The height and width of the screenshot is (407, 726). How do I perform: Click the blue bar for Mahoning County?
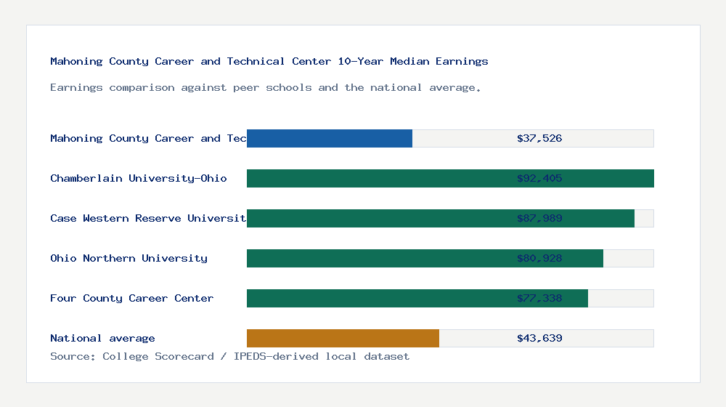[330, 138]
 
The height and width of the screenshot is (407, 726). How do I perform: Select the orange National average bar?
[343, 338]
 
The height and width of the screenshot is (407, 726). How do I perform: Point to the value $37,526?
[539, 138]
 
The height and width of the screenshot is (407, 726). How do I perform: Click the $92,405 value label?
[539, 178]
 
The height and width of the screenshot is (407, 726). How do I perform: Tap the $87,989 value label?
[539, 218]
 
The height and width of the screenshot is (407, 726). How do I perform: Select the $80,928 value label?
[539, 258]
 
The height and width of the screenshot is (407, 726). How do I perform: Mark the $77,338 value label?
[539, 298]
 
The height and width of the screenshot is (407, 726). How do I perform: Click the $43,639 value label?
[539, 338]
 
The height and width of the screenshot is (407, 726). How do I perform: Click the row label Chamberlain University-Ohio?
[139, 178]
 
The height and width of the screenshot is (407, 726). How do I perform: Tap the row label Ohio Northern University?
[129, 258]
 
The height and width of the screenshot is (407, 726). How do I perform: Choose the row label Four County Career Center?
[131, 298]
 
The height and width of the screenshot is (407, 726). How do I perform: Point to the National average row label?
[102, 338]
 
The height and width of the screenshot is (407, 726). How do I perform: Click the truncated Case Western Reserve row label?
[148, 218]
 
